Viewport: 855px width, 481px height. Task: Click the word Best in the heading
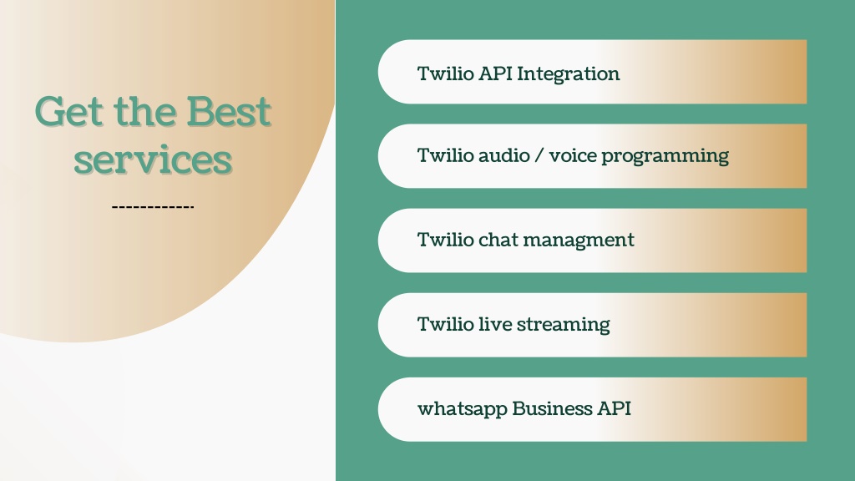[229, 112]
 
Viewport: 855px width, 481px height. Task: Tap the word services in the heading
[154, 159]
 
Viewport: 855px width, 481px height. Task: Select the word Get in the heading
[69, 112]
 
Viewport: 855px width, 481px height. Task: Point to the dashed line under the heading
[153, 207]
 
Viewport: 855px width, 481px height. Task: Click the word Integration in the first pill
[568, 74]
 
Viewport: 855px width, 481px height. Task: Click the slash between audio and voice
[539, 155]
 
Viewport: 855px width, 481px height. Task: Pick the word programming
[665, 156]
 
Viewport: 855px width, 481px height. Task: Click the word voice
[573, 156]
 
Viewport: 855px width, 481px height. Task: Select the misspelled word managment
[579, 240]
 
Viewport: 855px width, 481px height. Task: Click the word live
[494, 324]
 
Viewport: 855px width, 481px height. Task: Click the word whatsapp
[463, 409]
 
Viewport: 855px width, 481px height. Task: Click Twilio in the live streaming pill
[446, 324]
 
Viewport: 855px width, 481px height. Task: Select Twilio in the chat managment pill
[446, 240]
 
